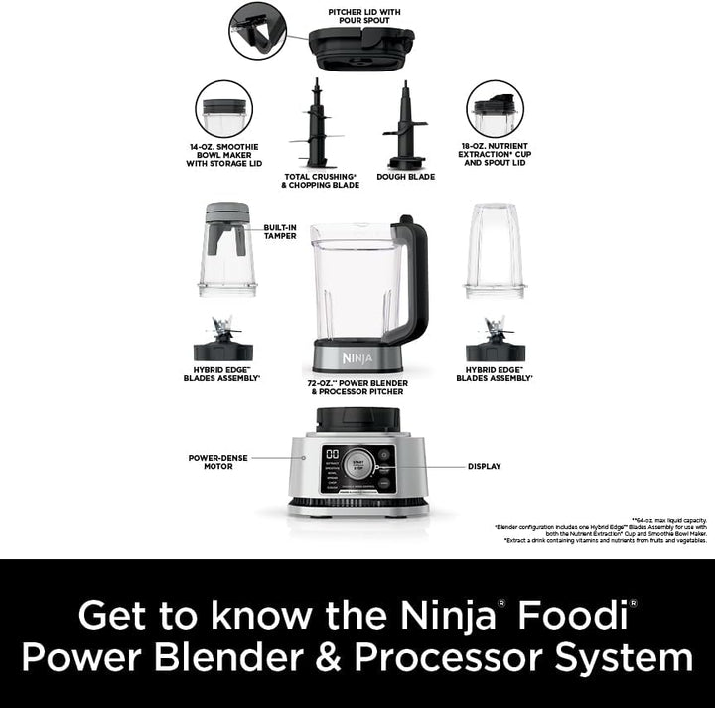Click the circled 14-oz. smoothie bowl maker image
tap(223, 110)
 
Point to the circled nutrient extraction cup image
tap(496, 110)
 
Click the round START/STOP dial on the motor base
tap(358, 467)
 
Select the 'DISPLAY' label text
tap(485, 466)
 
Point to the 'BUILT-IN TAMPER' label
tap(280, 231)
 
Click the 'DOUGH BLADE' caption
tap(405, 178)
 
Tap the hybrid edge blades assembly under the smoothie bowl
tap(222, 342)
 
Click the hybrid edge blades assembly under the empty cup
tap(495, 342)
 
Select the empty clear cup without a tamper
tap(495, 250)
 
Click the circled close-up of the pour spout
tap(257, 30)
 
